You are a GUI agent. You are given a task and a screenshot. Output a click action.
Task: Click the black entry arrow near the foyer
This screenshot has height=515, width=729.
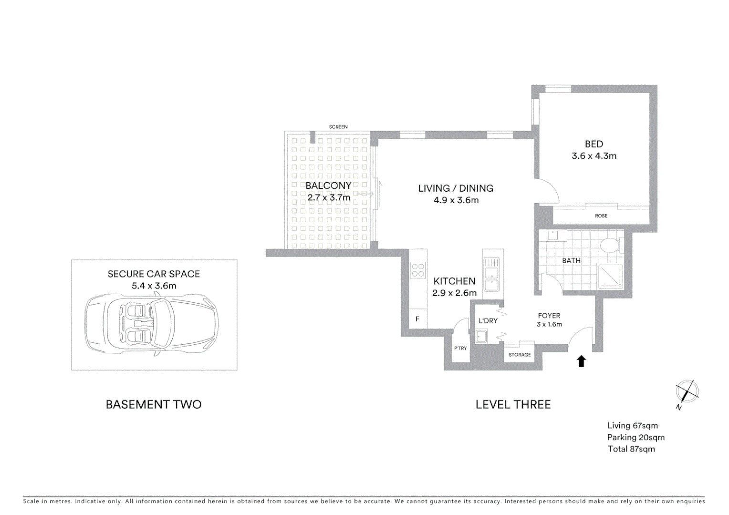point(581,361)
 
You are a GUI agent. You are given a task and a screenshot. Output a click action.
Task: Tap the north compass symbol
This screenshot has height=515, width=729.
point(687,392)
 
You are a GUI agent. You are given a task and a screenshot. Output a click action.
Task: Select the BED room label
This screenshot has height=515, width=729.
point(594,144)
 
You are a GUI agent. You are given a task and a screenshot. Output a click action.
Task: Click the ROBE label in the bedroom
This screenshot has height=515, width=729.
point(601,216)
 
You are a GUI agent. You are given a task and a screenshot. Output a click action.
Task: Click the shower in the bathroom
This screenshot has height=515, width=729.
point(610,276)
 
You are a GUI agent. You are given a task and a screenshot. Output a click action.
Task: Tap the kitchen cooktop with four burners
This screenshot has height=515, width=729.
point(418,270)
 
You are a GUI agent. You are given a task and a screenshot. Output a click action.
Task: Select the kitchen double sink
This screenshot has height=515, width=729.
point(491,274)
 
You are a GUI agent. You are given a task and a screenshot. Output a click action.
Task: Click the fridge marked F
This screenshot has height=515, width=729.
point(417,319)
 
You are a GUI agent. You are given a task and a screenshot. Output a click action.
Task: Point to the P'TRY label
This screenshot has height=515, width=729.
point(460,349)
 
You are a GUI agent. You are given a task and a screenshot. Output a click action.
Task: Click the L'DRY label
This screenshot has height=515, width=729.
point(488,321)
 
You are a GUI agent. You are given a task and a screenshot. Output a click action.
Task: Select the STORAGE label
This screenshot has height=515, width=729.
point(520,355)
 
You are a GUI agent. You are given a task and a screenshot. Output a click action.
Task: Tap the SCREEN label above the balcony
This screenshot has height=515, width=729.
point(338,127)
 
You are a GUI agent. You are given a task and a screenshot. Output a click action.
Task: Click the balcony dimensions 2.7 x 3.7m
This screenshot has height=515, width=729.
point(329,197)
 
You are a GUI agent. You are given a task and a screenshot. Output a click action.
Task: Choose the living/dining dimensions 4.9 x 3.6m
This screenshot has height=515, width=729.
point(456,200)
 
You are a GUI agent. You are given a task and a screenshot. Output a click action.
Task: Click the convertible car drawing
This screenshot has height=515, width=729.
point(152,324)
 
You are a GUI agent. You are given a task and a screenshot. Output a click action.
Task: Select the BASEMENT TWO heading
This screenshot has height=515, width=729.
point(154,404)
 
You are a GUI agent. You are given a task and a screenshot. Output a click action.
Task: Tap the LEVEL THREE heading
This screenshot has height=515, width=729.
point(513,404)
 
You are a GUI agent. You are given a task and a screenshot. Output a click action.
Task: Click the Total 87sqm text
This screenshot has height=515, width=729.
point(631,449)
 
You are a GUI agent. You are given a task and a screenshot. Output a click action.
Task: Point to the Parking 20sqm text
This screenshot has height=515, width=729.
point(635,437)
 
